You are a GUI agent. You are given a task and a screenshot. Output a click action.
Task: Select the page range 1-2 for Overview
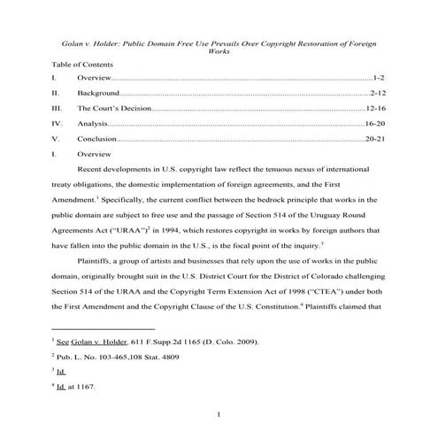coord(378,79)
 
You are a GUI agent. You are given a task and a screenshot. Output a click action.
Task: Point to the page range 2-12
coord(376,92)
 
